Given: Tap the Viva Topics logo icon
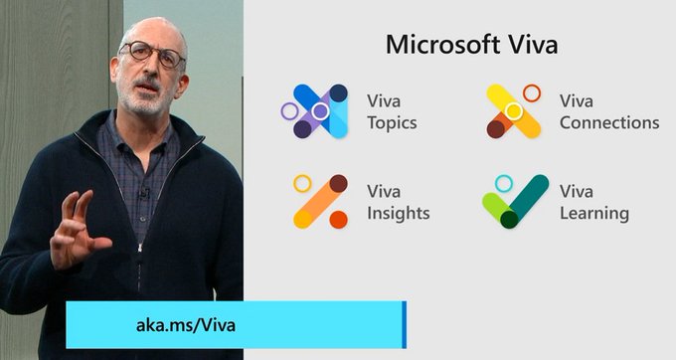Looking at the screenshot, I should pos(314,110).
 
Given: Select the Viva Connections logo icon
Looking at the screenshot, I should pos(513,110).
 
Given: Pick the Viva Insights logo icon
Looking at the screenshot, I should pos(318,201).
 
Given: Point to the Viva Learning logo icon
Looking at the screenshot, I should pos(515,201).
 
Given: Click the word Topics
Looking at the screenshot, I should pos(392,123).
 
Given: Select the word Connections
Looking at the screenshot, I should pos(608,123).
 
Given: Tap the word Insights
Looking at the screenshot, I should pos(398,213).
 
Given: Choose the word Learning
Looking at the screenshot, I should pos(593,213).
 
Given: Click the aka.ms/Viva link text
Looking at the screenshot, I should pos(186,325).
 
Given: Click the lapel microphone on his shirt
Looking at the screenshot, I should pos(144,191).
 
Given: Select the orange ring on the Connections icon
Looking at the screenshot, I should pos(531,93).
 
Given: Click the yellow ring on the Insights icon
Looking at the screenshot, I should pos(302,183).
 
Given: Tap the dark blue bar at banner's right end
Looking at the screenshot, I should pos(405,325).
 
